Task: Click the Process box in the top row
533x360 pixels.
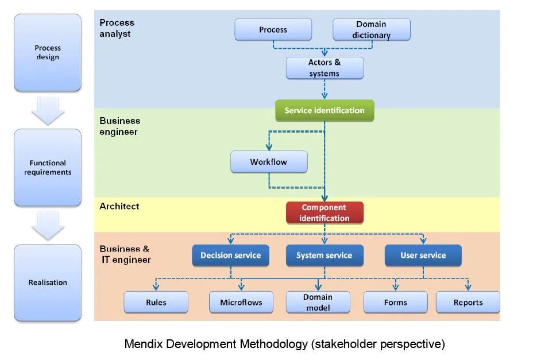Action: point(273,30)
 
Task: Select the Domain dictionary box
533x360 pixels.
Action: point(372,30)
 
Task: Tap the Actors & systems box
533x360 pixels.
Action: point(325,68)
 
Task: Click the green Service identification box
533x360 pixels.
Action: point(325,110)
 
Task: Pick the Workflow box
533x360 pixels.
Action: point(269,162)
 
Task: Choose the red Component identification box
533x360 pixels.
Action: point(325,212)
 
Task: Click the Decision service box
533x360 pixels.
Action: point(230,256)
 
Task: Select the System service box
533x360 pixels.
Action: point(325,256)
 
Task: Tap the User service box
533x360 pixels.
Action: point(423,256)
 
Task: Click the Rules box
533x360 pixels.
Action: point(156,302)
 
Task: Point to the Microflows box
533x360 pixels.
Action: point(241,302)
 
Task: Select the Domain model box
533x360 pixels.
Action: point(318,302)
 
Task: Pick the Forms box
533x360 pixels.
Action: point(395,302)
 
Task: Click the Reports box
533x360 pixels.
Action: point(468,302)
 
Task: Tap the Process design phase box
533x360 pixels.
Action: point(48,52)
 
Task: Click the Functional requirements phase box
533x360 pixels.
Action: point(48,167)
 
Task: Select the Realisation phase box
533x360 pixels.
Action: point(48,282)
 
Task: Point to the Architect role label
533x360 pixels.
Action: point(119,206)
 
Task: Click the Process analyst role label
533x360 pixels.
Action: point(117,28)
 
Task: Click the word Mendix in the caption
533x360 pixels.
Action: point(142,344)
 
